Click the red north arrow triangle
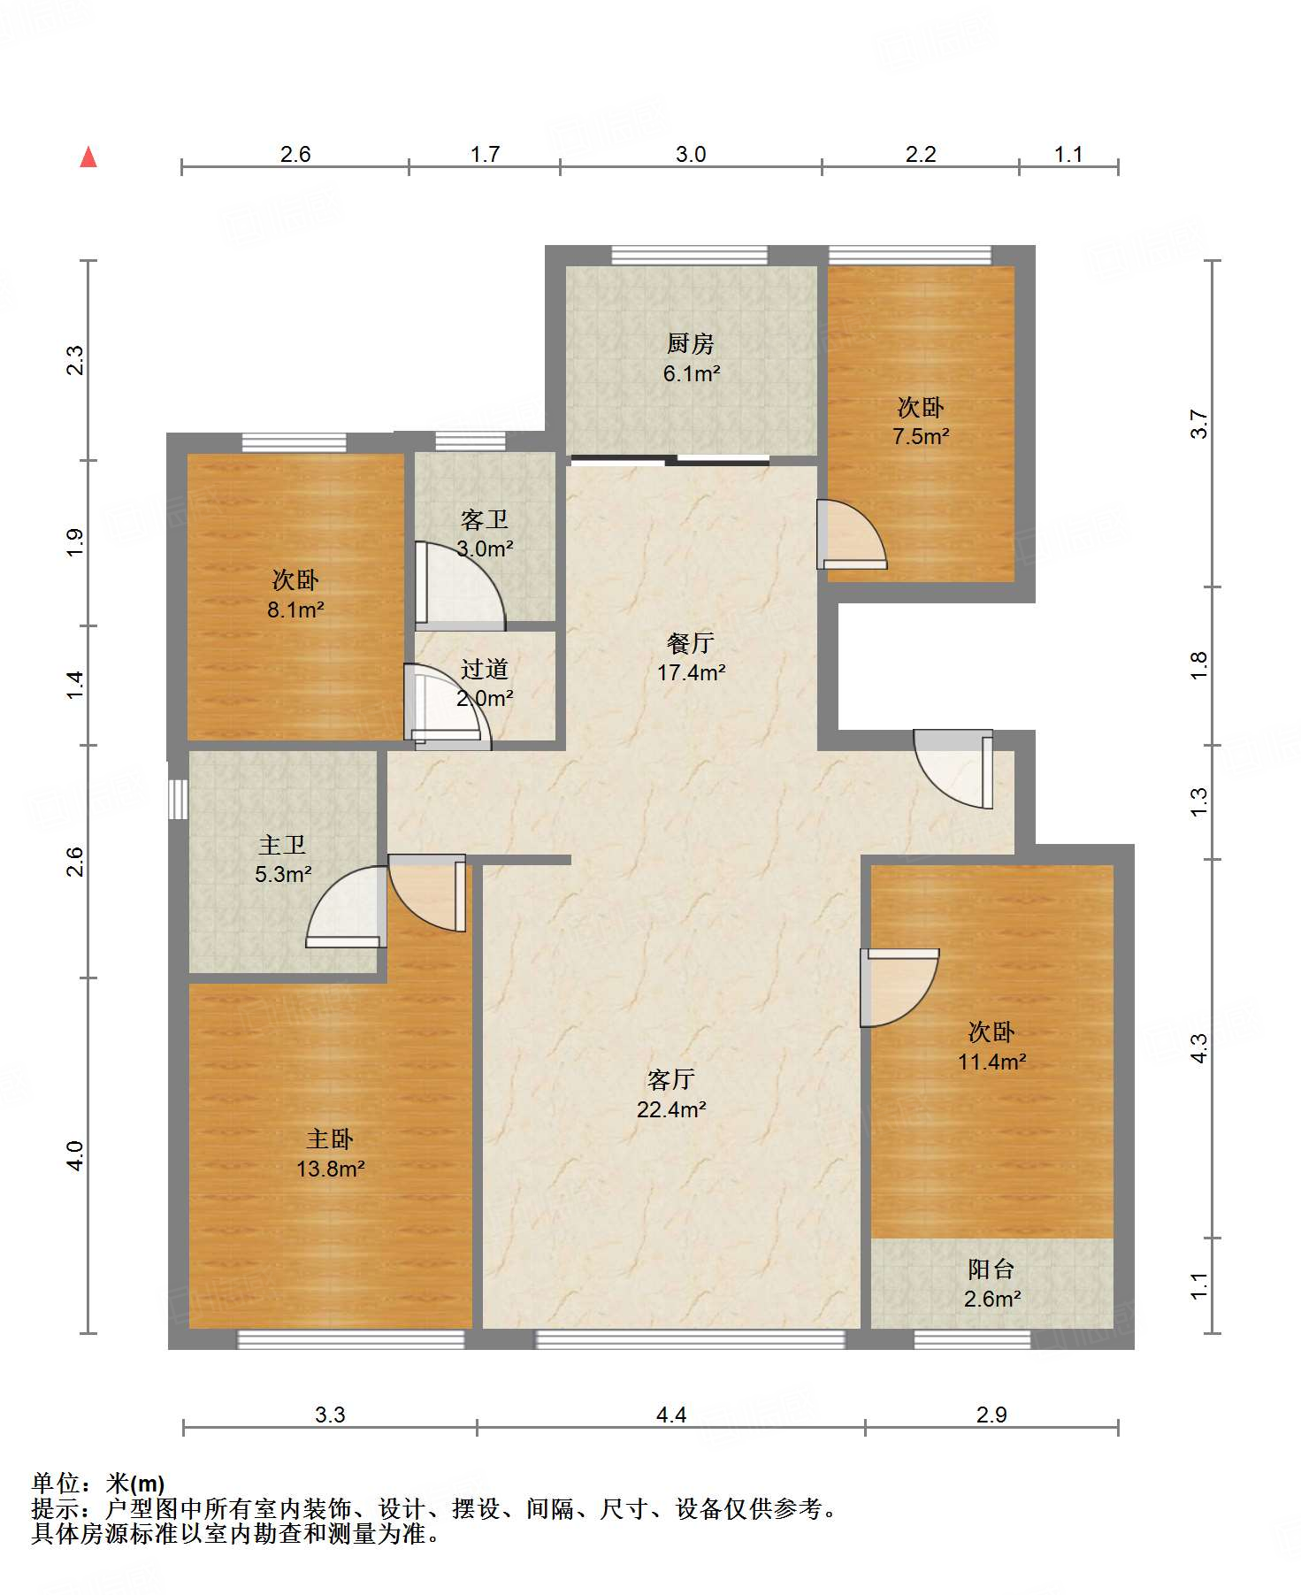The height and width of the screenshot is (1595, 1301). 88,157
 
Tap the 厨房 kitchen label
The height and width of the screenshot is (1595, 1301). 690,343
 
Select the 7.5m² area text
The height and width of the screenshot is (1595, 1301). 921,436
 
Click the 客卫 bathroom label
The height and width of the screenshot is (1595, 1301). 484,519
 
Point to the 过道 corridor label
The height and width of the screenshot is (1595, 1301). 484,669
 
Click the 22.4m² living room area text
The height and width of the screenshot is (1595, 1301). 671,1109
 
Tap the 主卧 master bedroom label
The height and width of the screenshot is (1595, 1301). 330,1139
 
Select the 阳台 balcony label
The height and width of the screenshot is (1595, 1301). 991,1269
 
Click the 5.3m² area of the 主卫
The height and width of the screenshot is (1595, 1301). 283,875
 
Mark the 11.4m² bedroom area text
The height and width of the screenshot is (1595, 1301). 992,1062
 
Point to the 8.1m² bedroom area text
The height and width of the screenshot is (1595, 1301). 295,610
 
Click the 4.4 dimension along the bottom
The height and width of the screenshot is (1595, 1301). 671,1415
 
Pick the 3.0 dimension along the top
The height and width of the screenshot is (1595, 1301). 691,155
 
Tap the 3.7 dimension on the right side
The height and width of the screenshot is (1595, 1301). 1198,424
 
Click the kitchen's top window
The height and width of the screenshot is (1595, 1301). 690,255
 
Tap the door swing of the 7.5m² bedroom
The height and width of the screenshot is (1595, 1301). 852,534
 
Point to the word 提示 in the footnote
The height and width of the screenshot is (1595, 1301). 55,1508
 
